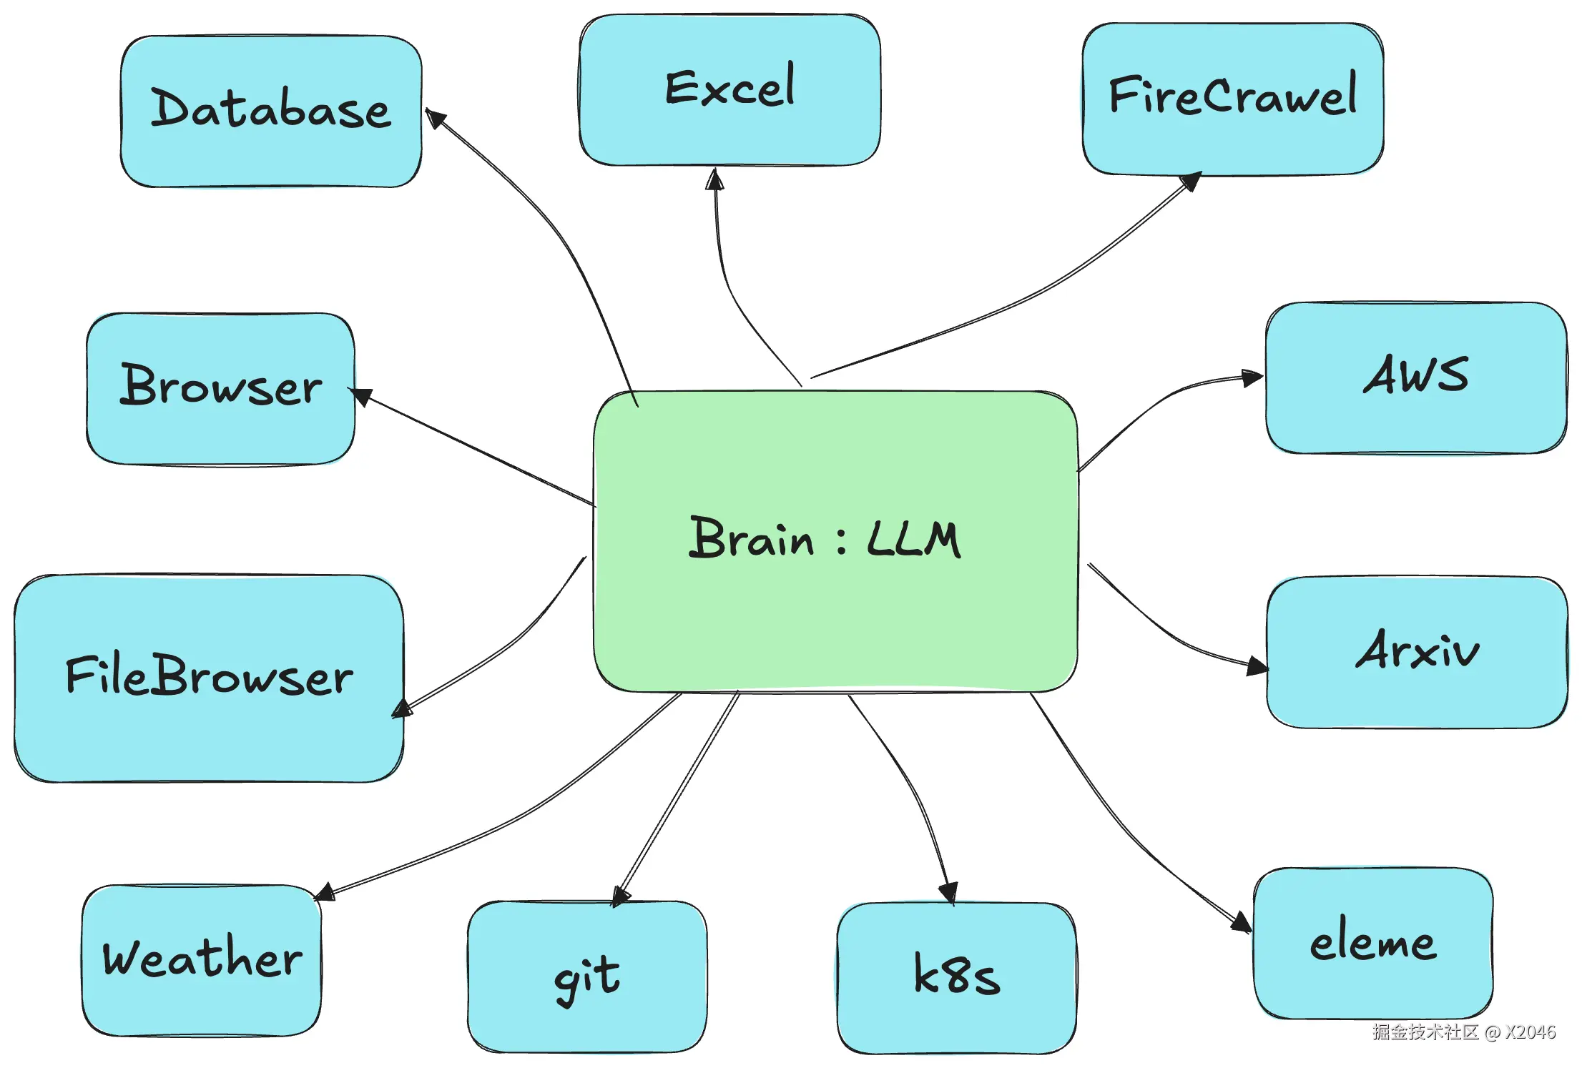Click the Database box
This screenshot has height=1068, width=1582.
pos(271,111)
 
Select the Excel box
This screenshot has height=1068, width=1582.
pos(729,89)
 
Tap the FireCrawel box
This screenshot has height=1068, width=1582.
pos(1232,99)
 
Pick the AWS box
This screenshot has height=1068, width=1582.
pos(1415,377)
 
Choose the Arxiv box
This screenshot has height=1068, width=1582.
pos(1417,652)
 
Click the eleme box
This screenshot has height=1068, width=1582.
pos(1372,943)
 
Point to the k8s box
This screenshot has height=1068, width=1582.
pos(956,976)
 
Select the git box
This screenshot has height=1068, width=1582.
pos(587,976)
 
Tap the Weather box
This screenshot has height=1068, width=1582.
pos(202,959)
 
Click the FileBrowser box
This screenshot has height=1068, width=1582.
pos(209,678)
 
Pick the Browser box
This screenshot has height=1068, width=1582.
pos(220,388)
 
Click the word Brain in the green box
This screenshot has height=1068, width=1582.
pos(751,538)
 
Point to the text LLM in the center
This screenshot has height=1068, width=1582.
pos(913,539)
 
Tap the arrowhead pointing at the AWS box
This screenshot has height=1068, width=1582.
pos(1252,377)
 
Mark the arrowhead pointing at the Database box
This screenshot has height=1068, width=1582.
pos(435,118)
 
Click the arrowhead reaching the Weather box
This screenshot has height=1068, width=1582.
pos(325,892)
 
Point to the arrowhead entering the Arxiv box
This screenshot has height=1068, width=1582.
pos(1257,667)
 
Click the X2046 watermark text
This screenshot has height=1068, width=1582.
pos(1530,1032)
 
